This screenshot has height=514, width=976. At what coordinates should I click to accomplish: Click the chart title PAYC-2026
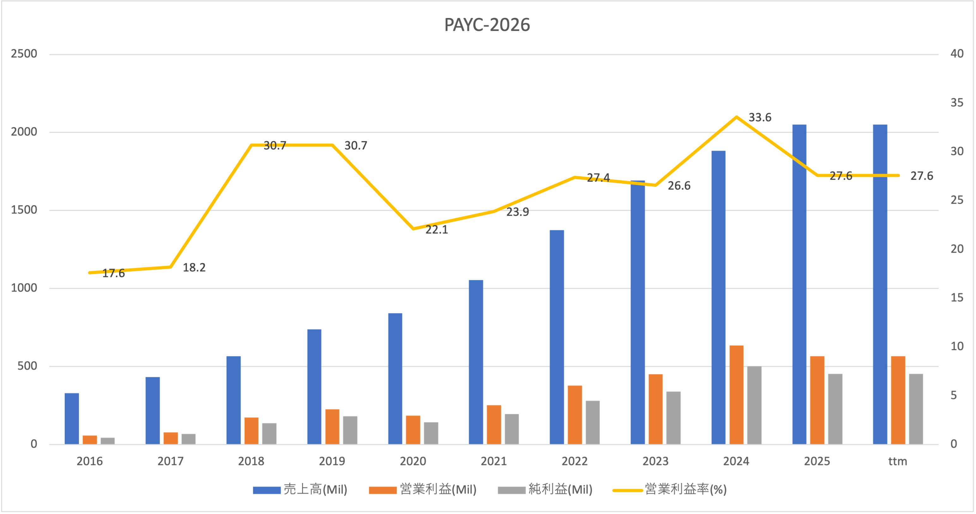point(487,25)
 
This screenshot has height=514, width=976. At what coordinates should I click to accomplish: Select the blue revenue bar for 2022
point(557,337)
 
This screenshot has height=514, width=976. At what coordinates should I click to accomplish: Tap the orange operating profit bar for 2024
point(736,395)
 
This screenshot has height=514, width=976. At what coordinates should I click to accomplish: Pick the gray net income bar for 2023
point(673,418)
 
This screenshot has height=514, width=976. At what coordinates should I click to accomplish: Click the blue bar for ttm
point(880,284)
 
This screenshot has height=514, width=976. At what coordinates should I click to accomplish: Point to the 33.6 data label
point(760,118)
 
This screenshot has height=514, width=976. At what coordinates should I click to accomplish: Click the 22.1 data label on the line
point(436,230)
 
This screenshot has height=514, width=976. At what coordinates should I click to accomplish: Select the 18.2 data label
point(194,267)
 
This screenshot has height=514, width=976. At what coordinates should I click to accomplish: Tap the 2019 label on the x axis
point(332,461)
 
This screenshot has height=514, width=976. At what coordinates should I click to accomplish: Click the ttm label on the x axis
point(898,461)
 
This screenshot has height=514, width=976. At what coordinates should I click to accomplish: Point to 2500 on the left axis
point(24,54)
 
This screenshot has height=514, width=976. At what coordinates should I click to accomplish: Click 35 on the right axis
point(957,103)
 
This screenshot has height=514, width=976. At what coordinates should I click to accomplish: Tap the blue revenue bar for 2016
point(72,419)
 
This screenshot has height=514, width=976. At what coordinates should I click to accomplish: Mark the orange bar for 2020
point(413,430)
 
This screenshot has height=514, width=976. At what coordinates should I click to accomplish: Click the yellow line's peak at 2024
point(736,117)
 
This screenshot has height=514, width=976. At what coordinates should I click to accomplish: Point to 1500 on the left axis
point(24,210)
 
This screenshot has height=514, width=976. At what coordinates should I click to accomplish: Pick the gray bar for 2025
point(835,409)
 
